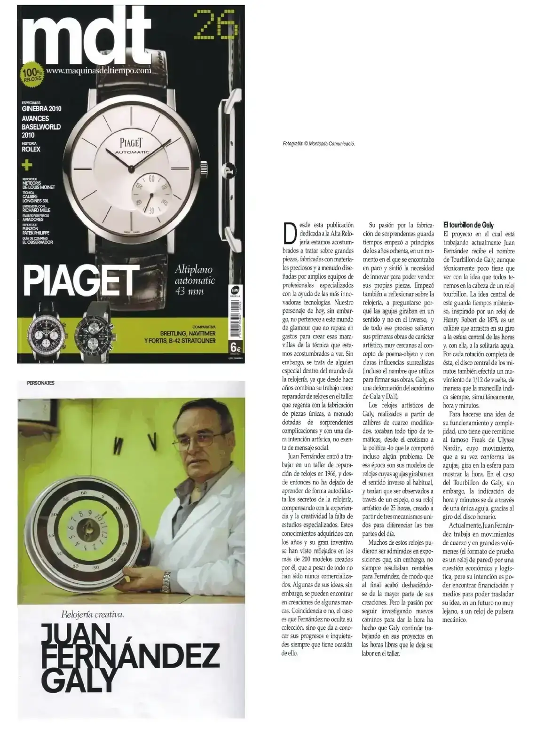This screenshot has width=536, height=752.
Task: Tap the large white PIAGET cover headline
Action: click(81, 281)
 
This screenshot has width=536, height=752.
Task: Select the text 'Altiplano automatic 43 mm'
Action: click(194, 281)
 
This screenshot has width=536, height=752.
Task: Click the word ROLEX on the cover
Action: click(31, 149)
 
